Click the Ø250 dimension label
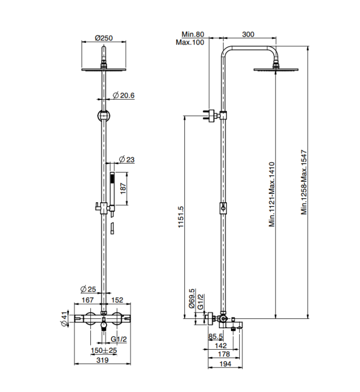tap(104, 38)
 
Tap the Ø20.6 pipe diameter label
tap(124, 96)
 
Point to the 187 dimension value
tap(123, 189)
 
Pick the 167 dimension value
tap(88, 299)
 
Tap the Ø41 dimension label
tap(64, 319)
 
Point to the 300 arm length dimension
tap(248, 34)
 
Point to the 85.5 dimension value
tap(216, 336)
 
